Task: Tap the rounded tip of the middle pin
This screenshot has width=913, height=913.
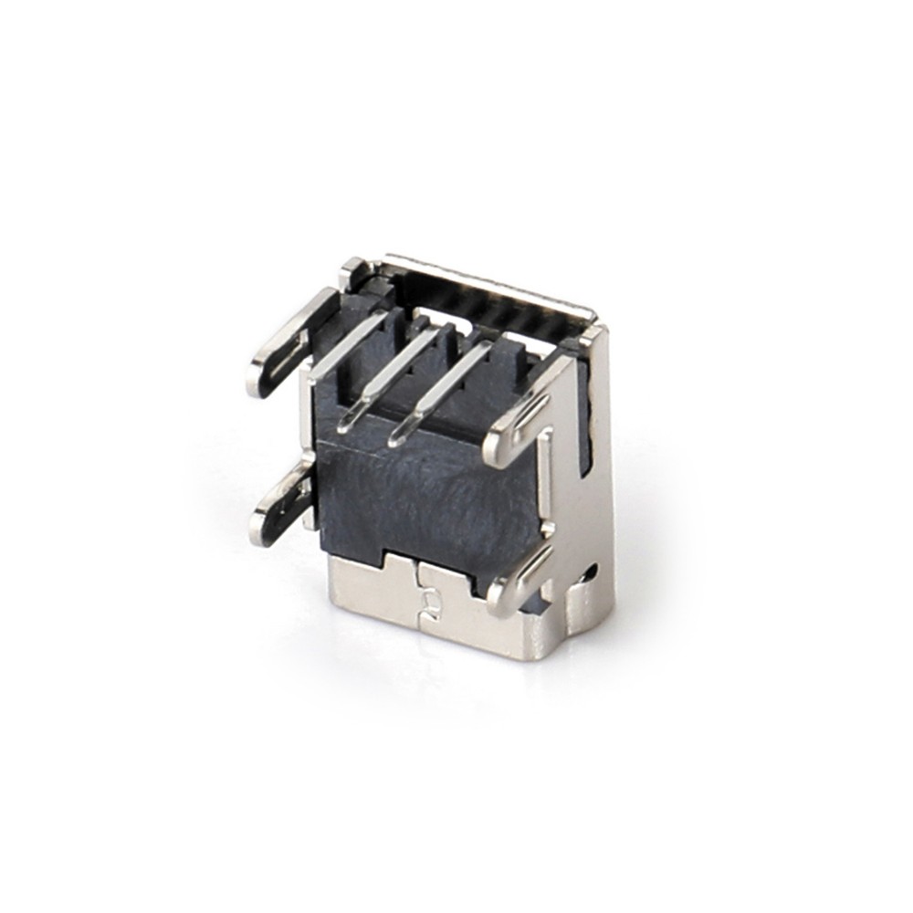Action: click(348, 423)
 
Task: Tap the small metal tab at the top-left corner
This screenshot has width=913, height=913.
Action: click(354, 271)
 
